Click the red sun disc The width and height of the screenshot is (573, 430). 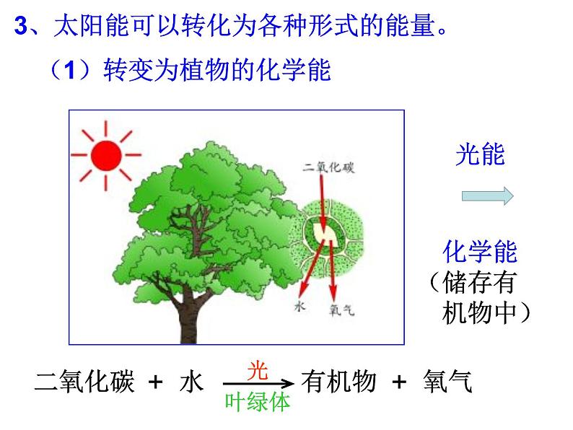(x=106, y=155)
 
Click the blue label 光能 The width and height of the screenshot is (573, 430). (x=480, y=154)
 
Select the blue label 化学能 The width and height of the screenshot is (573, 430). (x=480, y=252)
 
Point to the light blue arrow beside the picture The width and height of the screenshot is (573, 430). (x=488, y=196)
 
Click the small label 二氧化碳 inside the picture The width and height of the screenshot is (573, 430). (x=328, y=167)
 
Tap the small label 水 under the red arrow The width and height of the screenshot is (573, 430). (x=299, y=306)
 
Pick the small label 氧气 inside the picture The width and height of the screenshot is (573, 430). (x=341, y=310)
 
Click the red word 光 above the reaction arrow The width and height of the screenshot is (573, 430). (x=258, y=371)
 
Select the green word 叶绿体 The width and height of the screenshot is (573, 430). (x=257, y=402)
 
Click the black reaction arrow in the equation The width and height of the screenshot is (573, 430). (x=258, y=384)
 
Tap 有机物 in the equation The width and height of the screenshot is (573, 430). (x=338, y=382)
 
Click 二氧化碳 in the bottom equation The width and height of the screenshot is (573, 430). (x=84, y=382)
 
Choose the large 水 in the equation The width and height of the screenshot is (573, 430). (x=191, y=382)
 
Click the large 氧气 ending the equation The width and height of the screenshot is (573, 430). (x=447, y=382)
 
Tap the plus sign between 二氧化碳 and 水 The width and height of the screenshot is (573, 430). (x=155, y=382)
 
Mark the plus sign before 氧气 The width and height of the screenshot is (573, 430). (x=399, y=382)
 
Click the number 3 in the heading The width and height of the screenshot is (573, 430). (x=21, y=25)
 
